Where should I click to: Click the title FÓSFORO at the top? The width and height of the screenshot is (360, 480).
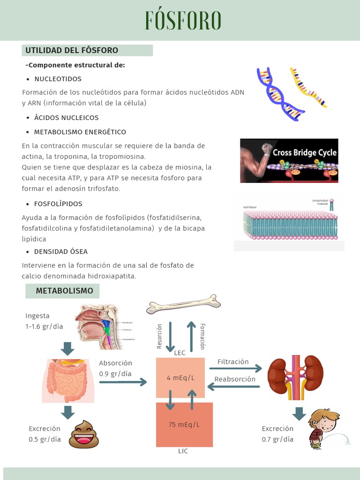(183, 21)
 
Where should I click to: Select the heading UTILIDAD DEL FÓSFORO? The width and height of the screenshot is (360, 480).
(72, 50)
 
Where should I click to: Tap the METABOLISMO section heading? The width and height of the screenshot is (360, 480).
(65, 291)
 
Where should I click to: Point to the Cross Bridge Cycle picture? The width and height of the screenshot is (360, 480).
(289, 160)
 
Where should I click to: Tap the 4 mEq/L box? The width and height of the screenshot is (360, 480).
(180, 378)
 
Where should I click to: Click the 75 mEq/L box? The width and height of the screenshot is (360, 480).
(184, 425)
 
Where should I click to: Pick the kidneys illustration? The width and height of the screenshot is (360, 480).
(295, 374)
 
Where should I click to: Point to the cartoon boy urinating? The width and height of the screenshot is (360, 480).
(324, 428)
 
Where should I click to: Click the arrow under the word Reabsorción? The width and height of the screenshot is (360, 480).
(233, 387)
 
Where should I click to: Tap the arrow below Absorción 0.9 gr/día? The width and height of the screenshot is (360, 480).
(123, 382)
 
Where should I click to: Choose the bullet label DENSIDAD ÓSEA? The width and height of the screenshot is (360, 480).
(61, 252)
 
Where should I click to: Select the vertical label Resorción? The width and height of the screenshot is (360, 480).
(159, 336)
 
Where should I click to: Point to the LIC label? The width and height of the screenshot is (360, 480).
(183, 451)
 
